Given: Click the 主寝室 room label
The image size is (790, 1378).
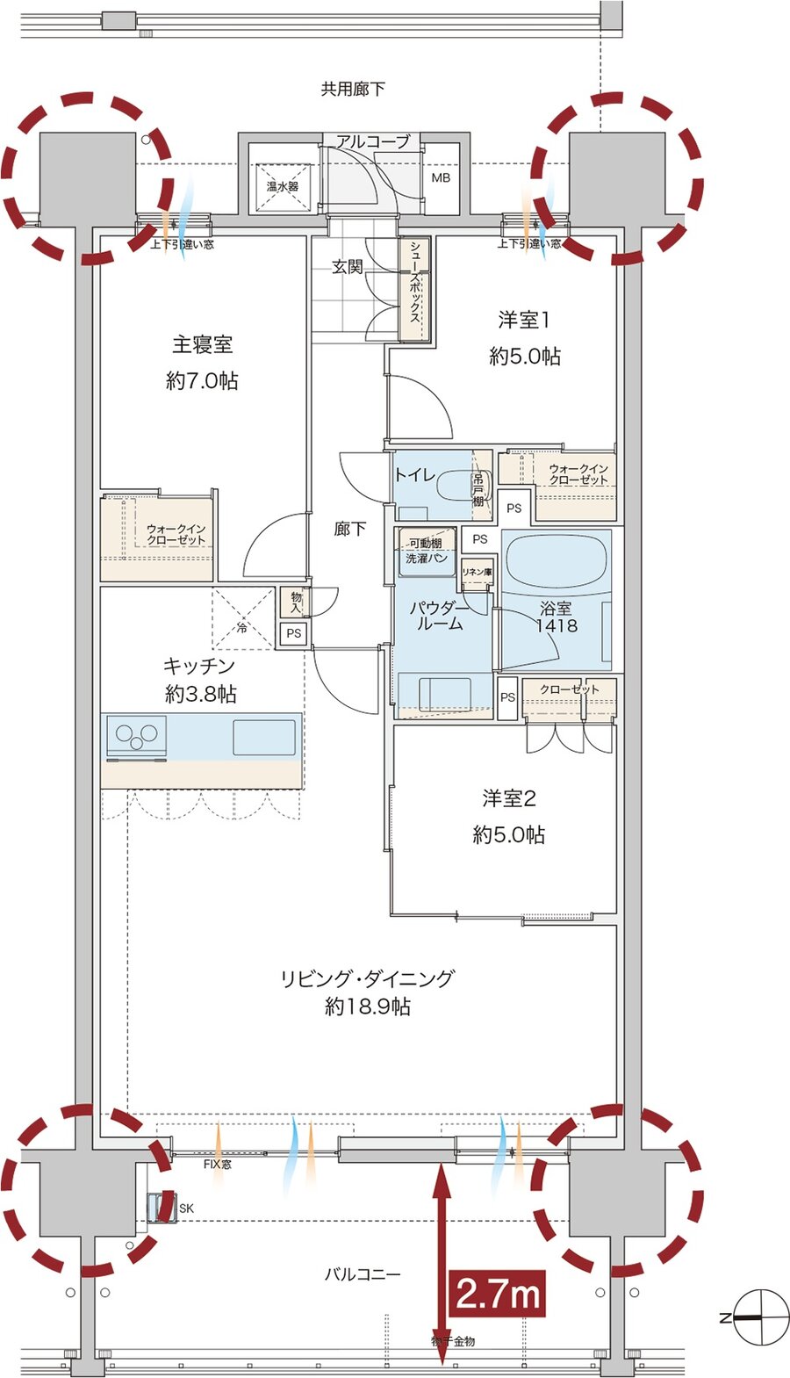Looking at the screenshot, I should (x=202, y=344).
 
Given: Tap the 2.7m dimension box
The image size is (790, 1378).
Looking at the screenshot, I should (x=497, y=1293).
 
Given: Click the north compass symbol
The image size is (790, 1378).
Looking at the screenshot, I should (x=756, y=1317).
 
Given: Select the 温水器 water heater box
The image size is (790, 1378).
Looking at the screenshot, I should (x=283, y=186).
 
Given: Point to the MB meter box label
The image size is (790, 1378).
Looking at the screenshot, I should (x=441, y=177).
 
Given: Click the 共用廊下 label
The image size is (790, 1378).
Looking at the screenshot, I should (x=352, y=89).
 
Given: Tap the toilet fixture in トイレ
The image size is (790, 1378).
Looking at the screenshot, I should (x=454, y=486).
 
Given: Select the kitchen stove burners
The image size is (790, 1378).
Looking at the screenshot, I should (x=136, y=736).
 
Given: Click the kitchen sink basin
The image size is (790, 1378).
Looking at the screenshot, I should (x=263, y=737).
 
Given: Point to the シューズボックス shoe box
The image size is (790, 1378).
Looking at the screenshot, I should (x=414, y=290).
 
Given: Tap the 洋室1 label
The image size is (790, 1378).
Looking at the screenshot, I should (x=524, y=321).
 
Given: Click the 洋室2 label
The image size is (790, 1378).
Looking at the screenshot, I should (x=508, y=798).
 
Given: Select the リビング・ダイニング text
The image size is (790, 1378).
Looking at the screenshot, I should (x=367, y=978).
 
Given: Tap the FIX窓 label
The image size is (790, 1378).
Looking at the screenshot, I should (x=217, y=1164).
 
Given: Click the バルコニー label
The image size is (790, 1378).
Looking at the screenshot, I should (x=362, y=1273).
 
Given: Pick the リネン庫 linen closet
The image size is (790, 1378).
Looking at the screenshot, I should (x=477, y=572).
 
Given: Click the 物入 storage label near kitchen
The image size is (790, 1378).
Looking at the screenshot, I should (x=296, y=602).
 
